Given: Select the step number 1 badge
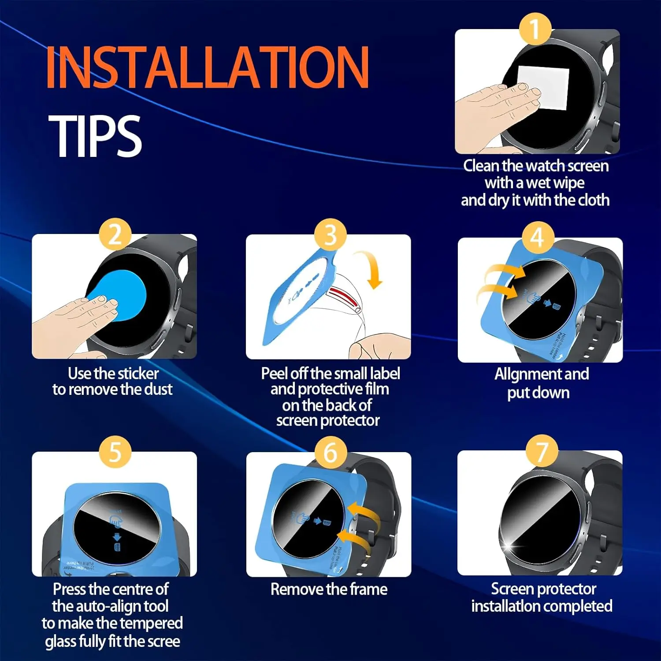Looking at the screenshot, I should [x=535, y=29].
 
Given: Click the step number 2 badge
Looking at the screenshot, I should [x=115, y=234].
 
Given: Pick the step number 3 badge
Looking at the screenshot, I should [x=330, y=234].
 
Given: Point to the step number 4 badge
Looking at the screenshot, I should [x=537, y=238].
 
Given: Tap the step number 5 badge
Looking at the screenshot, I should [x=115, y=452].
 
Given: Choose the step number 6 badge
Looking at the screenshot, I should [x=330, y=453].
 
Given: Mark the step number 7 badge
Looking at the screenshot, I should [x=542, y=451].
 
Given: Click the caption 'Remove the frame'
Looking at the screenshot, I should [x=329, y=589].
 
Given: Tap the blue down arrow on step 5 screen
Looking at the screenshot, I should [x=117, y=537].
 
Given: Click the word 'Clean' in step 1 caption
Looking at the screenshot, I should [x=481, y=166].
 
